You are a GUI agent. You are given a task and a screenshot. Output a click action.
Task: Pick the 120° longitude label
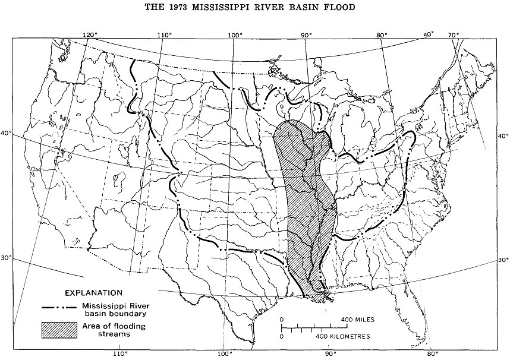coord(90,34)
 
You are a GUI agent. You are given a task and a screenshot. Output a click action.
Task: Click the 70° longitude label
coord(454,34)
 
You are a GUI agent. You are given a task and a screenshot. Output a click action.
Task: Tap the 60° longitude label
coord(429,34)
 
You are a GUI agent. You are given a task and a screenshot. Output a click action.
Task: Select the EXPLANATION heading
coord(94,293)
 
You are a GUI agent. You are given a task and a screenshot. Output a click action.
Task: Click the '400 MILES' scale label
coord(358,320)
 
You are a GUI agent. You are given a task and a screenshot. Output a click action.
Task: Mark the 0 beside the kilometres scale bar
coord(281,336)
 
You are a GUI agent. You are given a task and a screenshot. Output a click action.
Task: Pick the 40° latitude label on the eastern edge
coord(503,135)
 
